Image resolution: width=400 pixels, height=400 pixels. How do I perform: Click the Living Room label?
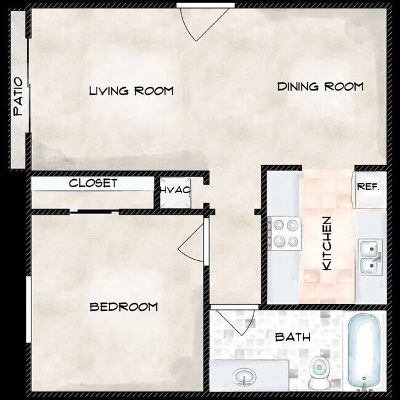(131, 90)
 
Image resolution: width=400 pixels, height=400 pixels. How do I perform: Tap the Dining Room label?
(320, 86)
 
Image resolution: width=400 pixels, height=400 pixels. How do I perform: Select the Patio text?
(18, 96)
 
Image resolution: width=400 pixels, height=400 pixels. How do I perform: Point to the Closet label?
(93, 183)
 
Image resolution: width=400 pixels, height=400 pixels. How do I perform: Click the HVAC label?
(175, 190)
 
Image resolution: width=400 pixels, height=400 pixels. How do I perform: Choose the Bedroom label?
(124, 306)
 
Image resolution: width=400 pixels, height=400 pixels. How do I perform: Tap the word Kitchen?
(327, 242)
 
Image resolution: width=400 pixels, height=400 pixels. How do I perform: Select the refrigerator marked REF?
(369, 186)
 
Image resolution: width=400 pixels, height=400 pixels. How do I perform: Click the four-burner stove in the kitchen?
(285, 233)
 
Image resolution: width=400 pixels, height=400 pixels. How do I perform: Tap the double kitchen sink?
(370, 256)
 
